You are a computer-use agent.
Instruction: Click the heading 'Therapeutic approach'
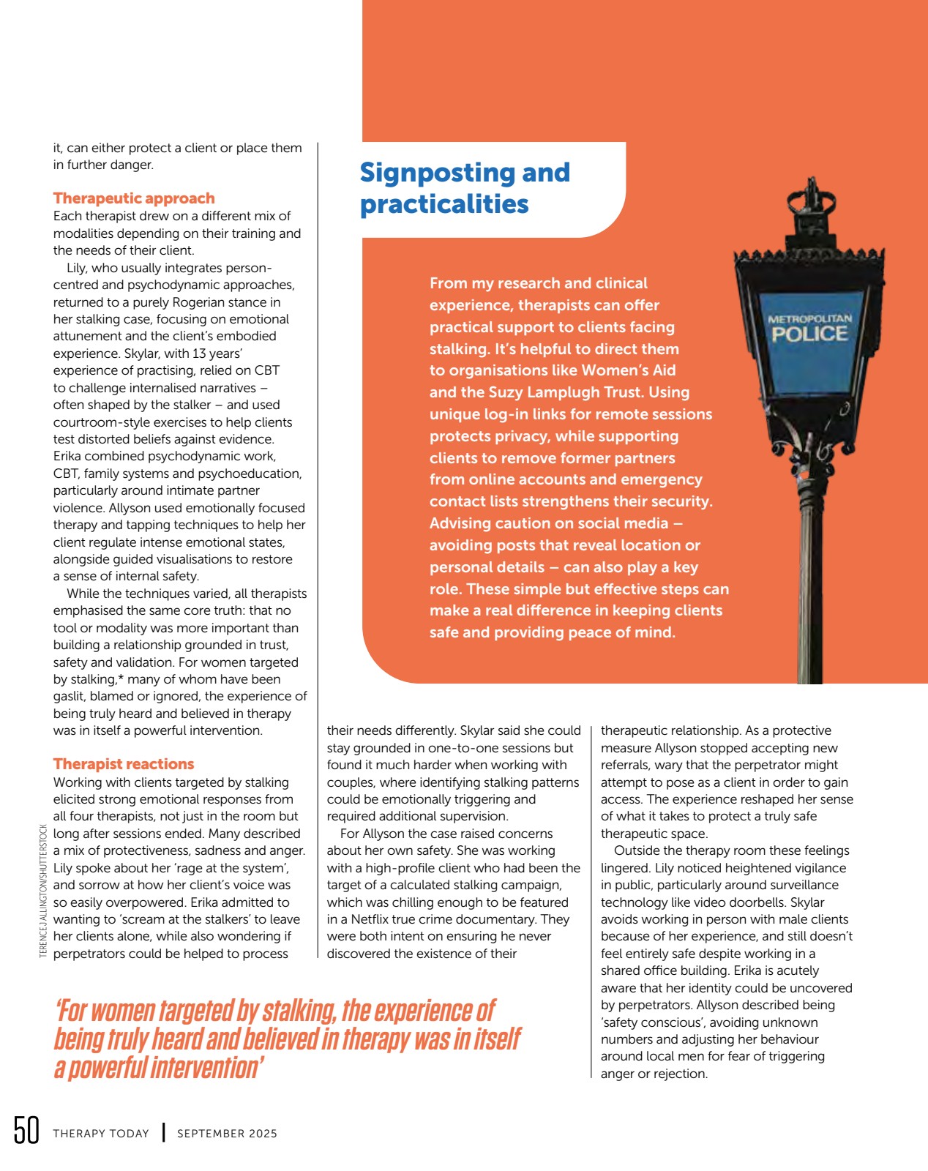[134, 198]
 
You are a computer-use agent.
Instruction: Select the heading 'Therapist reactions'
[124, 764]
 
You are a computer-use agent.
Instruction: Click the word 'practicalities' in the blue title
[444, 204]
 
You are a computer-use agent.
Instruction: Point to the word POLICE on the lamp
[809, 334]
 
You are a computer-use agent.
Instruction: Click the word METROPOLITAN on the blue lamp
[809, 318]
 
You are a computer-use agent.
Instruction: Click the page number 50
[26, 1131]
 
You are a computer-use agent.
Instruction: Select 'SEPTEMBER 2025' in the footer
[227, 1134]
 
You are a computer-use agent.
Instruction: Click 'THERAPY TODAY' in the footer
[101, 1134]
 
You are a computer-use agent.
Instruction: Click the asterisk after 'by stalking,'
[121, 678]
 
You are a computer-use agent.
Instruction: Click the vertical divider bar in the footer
[163, 1133]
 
